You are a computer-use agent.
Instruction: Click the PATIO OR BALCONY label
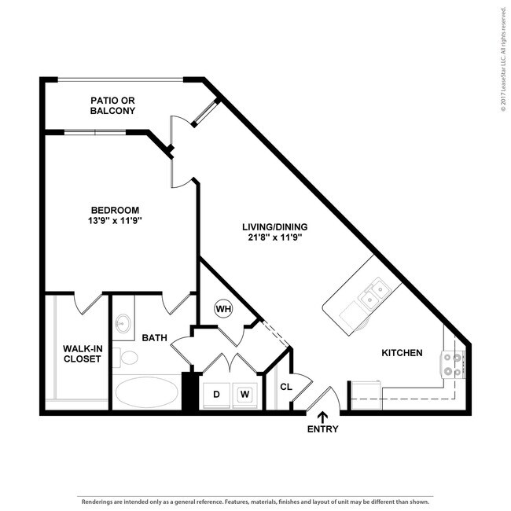[112, 105]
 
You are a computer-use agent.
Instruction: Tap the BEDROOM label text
[115, 210]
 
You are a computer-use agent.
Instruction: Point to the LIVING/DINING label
[274, 227]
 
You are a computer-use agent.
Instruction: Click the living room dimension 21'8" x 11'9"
[274, 238]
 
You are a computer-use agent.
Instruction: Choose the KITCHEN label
[402, 353]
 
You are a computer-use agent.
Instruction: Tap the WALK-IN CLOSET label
[82, 354]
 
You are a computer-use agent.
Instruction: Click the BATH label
[154, 338]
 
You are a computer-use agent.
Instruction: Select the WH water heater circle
[223, 308]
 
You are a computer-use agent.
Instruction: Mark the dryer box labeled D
[216, 393]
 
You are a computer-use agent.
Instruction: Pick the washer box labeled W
[244, 393]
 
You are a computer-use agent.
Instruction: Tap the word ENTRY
[323, 429]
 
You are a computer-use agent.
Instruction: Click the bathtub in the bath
[147, 391]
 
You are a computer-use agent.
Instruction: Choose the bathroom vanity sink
[124, 322]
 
